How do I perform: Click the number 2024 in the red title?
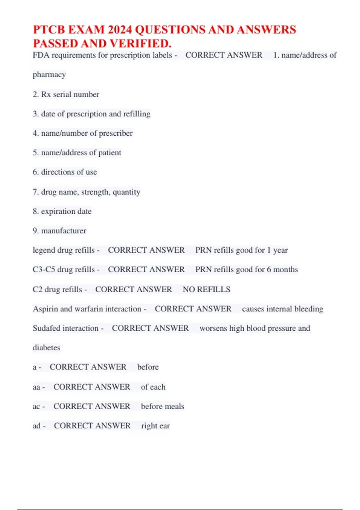(x=120, y=30)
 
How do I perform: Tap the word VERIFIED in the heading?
(x=141, y=44)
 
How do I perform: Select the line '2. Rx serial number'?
(x=66, y=94)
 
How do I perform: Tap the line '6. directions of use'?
(x=65, y=172)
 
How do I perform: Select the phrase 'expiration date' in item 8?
(x=66, y=211)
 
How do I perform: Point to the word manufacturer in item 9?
(x=64, y=231)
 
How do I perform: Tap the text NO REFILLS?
(x=206, y=289)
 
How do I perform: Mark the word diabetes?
(x=46, y=348)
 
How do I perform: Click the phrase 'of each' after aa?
(x=153, y=387)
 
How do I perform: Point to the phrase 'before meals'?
(x=163, y=406)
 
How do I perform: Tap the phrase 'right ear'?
(x=155, y=426)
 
